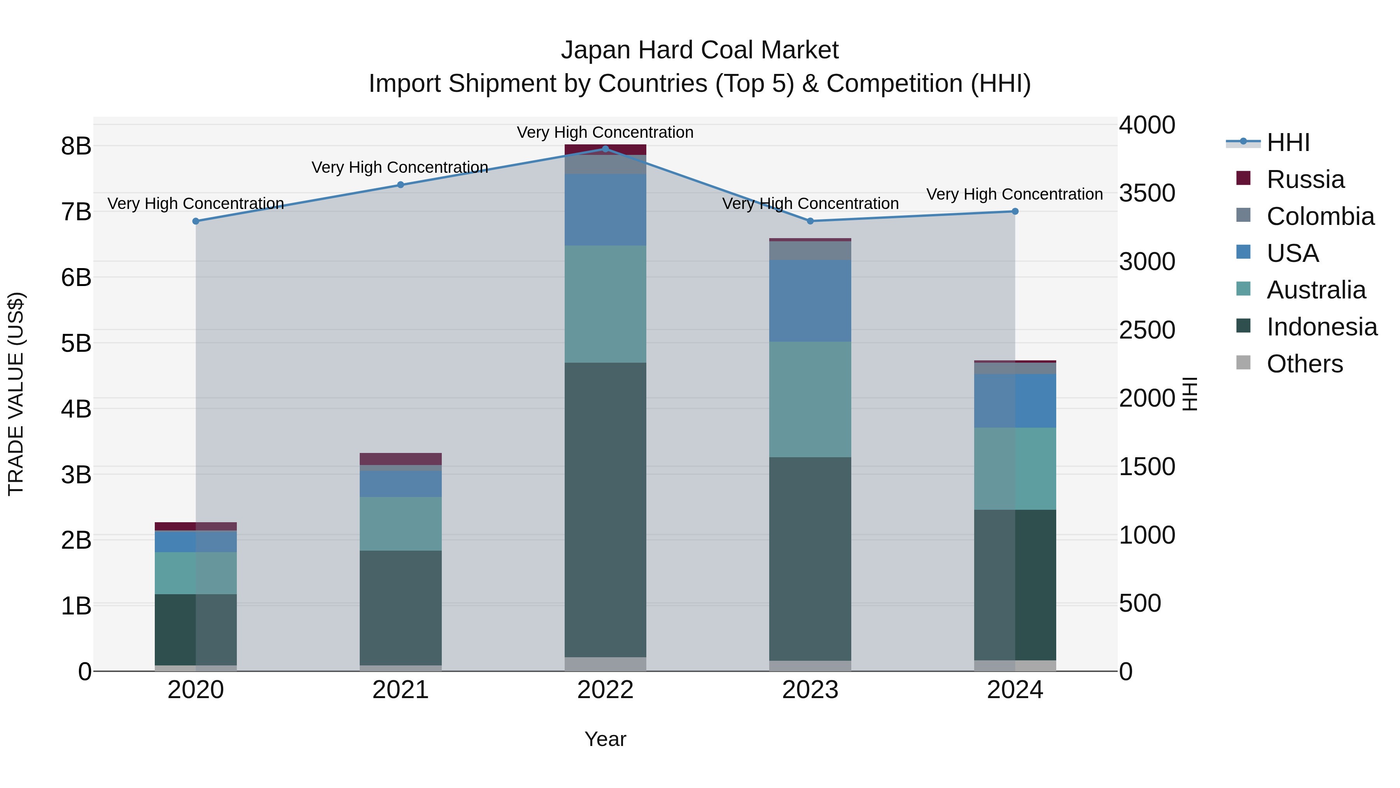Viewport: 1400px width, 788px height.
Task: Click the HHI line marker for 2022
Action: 605,149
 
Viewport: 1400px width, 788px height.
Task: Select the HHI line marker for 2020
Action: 196,221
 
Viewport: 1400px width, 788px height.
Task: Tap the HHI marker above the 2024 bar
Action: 1015,212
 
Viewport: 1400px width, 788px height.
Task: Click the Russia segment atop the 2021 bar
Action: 401,458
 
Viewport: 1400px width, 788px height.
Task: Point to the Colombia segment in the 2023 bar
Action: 810,250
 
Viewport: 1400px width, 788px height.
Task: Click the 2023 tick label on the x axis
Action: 810,690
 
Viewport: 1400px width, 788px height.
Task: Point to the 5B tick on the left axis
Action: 76,343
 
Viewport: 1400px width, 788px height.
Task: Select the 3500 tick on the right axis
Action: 1147,193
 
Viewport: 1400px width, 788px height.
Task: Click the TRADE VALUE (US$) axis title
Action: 16,394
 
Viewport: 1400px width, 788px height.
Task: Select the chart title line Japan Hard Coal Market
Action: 700,50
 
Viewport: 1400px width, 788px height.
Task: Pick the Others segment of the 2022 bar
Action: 605,664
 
